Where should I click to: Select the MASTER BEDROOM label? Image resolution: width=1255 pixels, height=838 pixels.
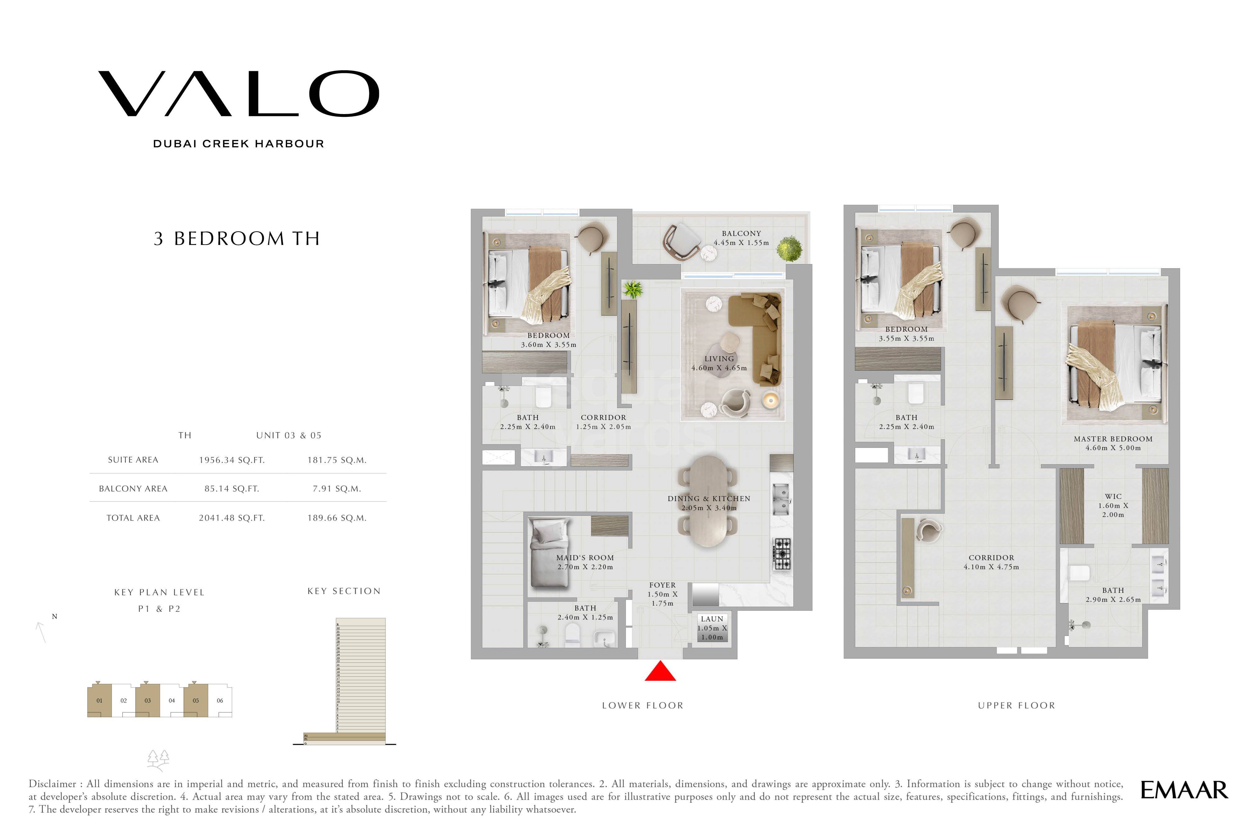tap(1113, 439)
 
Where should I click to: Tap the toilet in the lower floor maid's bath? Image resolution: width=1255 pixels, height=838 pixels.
tap(572, 635)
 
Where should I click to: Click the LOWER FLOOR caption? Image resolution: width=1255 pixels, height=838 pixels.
tap(642, 706)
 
